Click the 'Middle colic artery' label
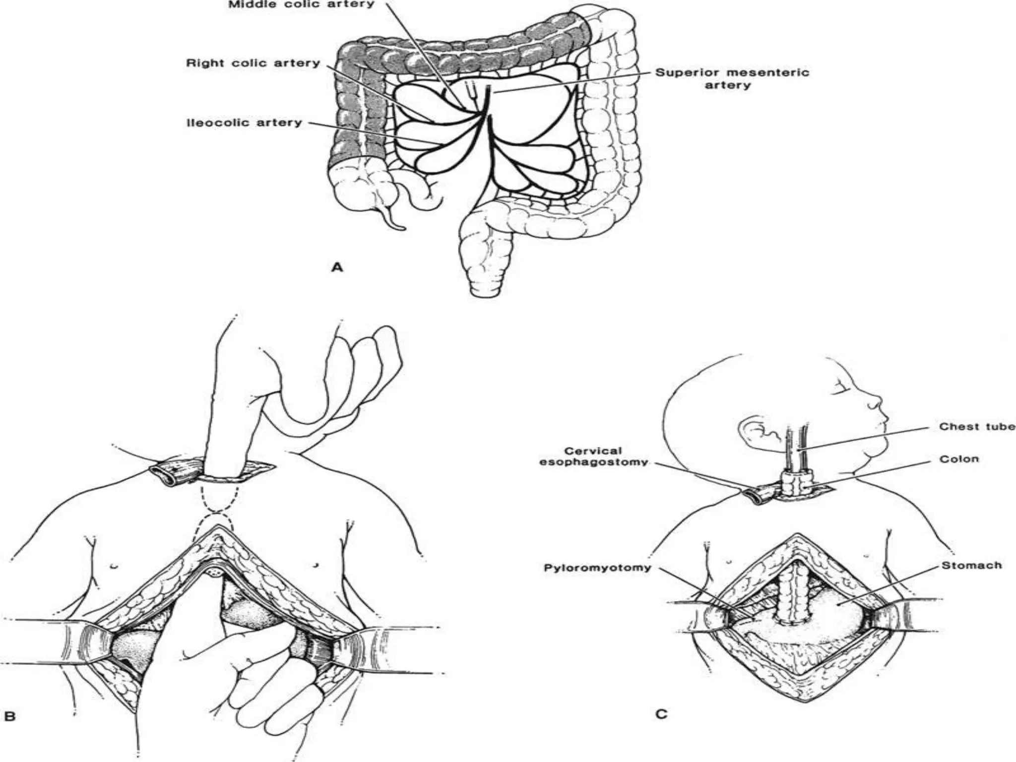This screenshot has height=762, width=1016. tap(301, 5)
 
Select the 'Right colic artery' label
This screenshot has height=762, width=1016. tap(253, 63)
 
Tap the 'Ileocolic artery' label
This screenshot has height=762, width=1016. tap(244, 123)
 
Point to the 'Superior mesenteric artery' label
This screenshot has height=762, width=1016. tap(732, 79)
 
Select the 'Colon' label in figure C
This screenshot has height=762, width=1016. tap(959, 459)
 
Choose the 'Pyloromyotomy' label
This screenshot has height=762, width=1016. tap(597, 568)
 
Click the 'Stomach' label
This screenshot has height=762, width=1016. tap(971, 565)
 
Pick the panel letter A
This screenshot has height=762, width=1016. tap(337, 268)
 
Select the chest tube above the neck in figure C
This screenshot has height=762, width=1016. tap(796, 446)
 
